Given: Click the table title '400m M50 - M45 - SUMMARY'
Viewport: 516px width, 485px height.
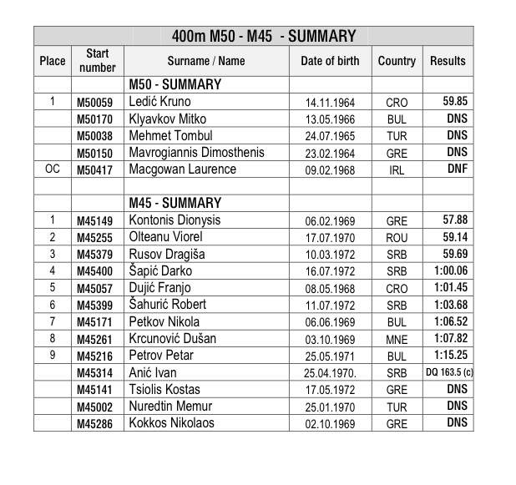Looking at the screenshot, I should click(x=263, y=36).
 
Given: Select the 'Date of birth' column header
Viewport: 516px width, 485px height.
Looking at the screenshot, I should click(x=330, y=61).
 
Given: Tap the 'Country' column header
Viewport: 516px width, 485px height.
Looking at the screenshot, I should click(x=397, y=61).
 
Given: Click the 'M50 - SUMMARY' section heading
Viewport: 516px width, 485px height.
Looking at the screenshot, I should click(x=175, y=85).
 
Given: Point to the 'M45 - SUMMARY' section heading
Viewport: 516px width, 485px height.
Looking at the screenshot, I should click(x=175, y=204).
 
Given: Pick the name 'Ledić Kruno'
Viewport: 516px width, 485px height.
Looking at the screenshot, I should click(x=159, y=102).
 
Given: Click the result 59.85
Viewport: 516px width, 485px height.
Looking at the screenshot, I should click(x=454, y=102).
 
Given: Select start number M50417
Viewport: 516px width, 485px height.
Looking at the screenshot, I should click(x=97, y=170).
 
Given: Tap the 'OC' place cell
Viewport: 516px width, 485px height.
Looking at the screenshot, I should click(x=52, y=169).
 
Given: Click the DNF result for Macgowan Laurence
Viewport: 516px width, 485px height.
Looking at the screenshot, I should click(x=456, y=169).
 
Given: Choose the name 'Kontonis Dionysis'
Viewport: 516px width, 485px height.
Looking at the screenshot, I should click(x=175, y=220).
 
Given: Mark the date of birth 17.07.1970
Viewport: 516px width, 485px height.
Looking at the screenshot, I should click(x=331, y=238).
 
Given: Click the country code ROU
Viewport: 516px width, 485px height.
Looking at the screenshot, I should click(x=397, y=238).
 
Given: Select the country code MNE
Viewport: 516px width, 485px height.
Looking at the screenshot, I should click(x=397, y=339).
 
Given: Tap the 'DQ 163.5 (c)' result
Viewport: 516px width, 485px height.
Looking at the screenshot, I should click(x=449, y=372).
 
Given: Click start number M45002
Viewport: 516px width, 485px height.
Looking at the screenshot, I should click(x=97, y=407).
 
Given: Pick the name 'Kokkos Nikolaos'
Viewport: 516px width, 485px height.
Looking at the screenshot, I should click(x=171, y=423).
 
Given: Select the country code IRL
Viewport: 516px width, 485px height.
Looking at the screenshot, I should click(x=397, y=170).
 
